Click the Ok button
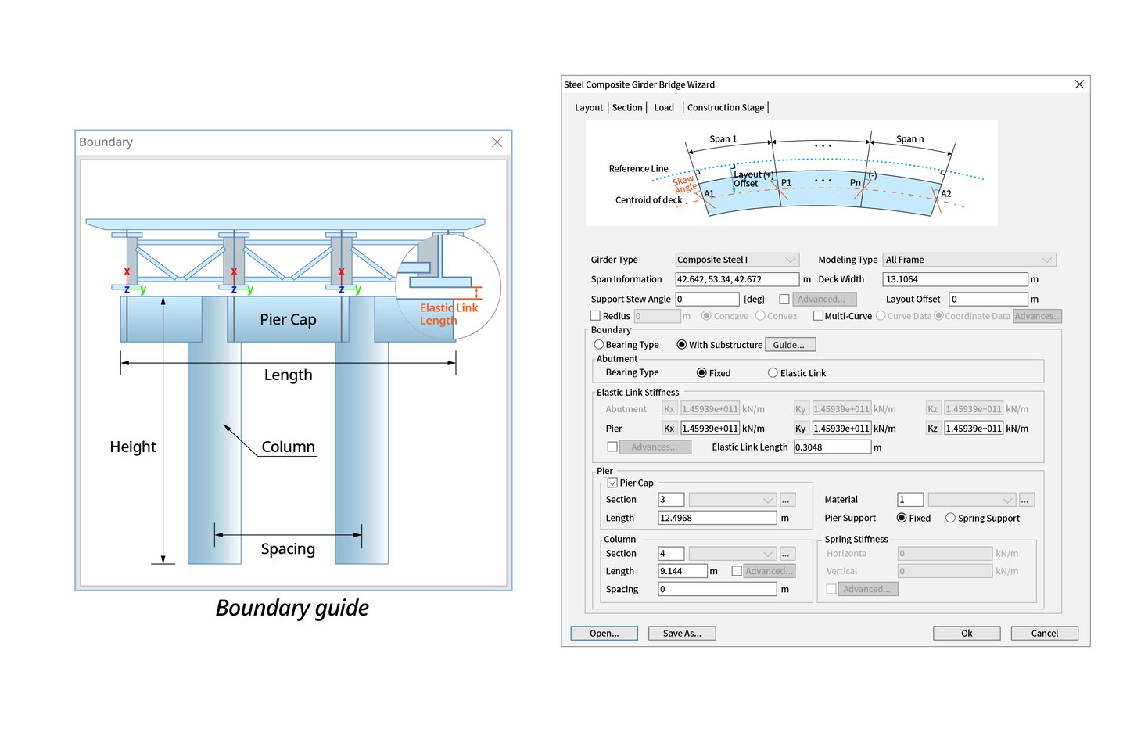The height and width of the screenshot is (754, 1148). pyautogui.click(x=966, y=634)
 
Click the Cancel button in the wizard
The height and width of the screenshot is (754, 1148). pyautogui.click(x=1044, y=634)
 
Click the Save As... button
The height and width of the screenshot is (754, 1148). pyautogui.click(x=681, y=634)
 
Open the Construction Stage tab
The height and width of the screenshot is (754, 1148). pyautogui.click(x=725, y=108)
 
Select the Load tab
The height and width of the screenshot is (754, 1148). pyautogui.click(x=663, y=108)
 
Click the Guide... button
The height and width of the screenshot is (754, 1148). pyautogui.click(x=789, y=345)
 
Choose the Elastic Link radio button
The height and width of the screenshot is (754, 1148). pyautogui.click(x=773, y=373)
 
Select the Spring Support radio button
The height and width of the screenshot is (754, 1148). pyautogui.click(x=950, y=518)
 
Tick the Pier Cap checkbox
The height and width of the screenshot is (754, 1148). pyautogui.click(x=612, y=483)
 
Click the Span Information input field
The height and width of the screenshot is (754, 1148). pyautogui.click(x=737, y=279)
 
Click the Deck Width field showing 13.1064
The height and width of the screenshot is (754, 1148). pyautogui.click(x=954, y=279)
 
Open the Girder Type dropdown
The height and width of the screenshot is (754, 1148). pyautogui.click(x=737, y=260)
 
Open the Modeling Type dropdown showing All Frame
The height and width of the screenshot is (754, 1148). pyautogui.click(x=969, y=260)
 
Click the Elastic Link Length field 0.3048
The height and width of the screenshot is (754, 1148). pyautogui.click(x=832, y=447)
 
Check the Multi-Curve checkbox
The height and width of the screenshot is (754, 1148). pyautogui.click(x=818, y=316)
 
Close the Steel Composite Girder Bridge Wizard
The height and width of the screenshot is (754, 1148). pyautogui.click(x=1079, y=84)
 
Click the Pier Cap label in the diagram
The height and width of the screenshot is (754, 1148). pyautogui.click(x=288, y=320)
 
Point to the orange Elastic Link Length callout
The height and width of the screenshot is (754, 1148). pyautogui.click(x=448, y=314)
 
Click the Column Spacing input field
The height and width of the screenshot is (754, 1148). pyautogui.click(x=717, y=590)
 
